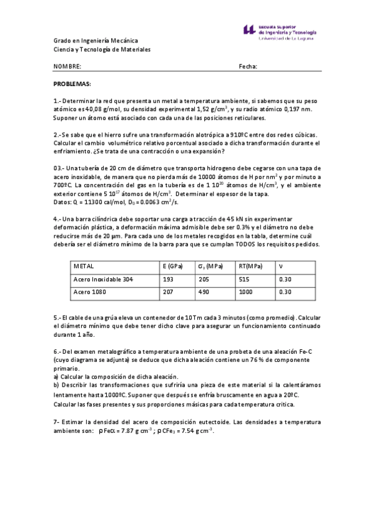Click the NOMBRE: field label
(67, 66)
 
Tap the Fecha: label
(248, 66)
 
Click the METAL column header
(84, 266)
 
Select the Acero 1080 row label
(91, 291)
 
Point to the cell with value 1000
(246, 291)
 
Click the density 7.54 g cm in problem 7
(192, 431)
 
